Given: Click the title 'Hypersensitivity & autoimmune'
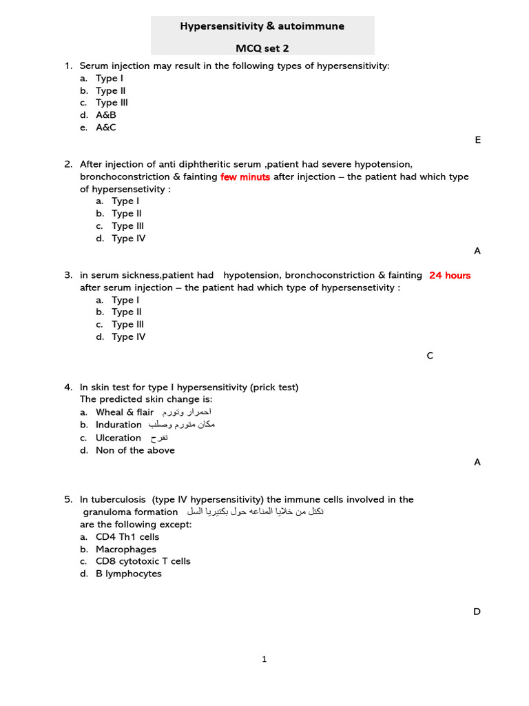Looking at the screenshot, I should (262, 26).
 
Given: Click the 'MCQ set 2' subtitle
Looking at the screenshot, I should (262, 49).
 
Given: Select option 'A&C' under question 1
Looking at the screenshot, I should (106, 128).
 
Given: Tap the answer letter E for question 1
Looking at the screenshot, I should (477, 140).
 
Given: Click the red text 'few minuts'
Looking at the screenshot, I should (245, 177).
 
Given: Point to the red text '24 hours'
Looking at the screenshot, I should (450, 275).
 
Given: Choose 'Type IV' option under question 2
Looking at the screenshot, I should (128, 239).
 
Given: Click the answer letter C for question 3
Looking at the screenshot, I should (430, 356).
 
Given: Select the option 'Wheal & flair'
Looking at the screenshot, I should (125, 412).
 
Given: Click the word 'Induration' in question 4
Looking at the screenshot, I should (118, 425).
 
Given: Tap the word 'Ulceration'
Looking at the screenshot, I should (118, 438).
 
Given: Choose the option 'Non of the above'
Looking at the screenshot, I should (135, 450).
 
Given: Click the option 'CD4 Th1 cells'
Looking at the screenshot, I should (127, 537).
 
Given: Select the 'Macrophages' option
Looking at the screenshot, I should (126, 549).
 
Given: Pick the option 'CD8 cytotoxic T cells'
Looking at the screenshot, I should (143, 561).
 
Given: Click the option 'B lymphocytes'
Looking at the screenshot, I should (129, 574).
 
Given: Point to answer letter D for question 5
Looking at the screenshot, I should (477, 612).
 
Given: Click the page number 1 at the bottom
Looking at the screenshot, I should (264, 660).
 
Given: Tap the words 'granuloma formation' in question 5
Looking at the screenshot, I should (130, 512).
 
